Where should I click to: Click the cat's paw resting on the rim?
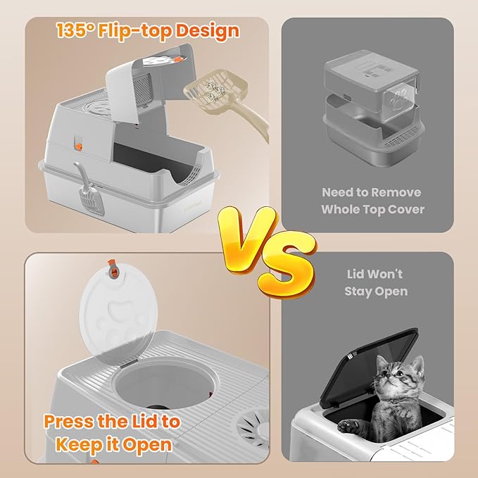point(350,424)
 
